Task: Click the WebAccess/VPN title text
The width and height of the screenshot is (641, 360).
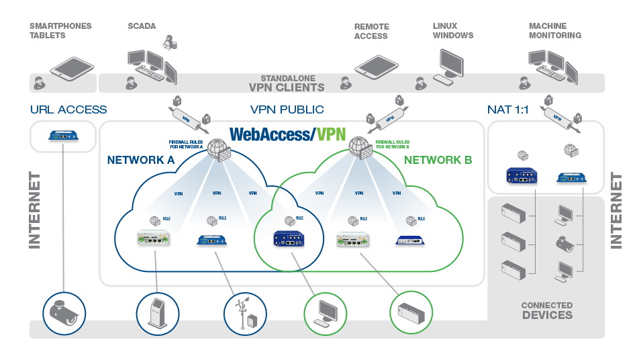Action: pos(287,134)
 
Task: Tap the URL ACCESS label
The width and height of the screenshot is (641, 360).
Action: pos(68,109)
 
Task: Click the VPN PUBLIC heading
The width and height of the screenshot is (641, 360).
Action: pos(287,109)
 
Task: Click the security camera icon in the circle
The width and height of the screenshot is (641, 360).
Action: pos(64,313)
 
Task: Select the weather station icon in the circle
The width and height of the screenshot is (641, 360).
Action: pos(244,313)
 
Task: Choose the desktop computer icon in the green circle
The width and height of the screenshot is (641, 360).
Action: pos(326,313)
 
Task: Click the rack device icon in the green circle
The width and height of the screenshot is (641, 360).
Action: pos(411,313)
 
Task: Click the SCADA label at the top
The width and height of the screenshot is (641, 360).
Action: pos(142,27)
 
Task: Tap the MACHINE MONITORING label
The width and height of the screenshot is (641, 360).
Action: pos(554,31)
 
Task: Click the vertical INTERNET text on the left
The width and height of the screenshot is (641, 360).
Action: pos(35,210)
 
